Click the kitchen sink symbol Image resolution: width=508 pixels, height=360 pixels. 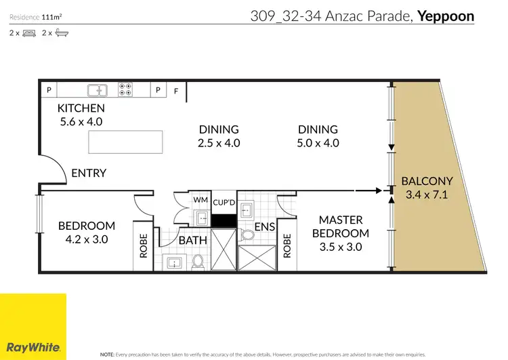click(x=98, y=89)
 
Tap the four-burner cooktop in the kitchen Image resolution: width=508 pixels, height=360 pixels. click(x=125, y=89)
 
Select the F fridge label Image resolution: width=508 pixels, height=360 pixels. click(x=177, y=90)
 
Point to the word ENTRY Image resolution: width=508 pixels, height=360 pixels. click(x=89, y=173)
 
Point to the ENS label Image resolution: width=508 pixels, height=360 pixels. click(x=263, y=229)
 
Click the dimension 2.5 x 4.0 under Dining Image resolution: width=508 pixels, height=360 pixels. click(x=219, y=143)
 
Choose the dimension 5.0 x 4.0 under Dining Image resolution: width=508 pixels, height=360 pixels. click(x=318, y=143)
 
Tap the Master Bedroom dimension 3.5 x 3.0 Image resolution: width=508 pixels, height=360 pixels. click(x=341, y=247)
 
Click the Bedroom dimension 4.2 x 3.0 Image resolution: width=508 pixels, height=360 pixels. click(x=86, y=239)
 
